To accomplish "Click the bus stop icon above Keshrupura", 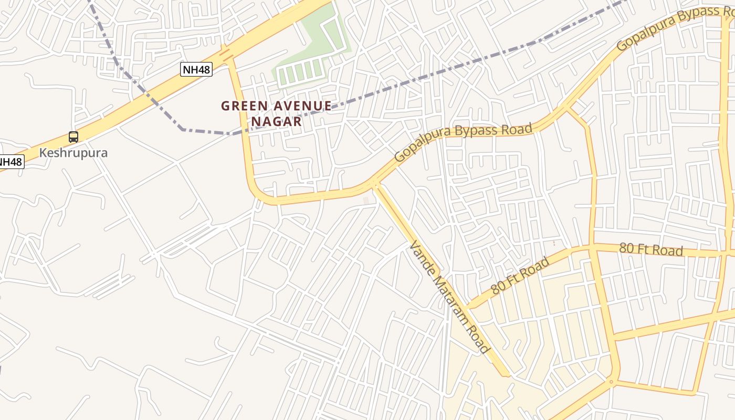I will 73,137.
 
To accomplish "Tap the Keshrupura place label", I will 73,153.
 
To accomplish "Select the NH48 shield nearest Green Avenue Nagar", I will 196,69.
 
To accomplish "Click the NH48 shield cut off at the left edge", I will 10,162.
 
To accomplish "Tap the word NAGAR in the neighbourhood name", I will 277,122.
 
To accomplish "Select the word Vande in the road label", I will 421,255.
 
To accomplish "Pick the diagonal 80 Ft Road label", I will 521,275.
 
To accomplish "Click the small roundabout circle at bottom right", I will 611,382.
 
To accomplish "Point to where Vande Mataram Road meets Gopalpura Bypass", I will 375,183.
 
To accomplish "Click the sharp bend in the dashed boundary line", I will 182,129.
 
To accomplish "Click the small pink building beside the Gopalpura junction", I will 366,201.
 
